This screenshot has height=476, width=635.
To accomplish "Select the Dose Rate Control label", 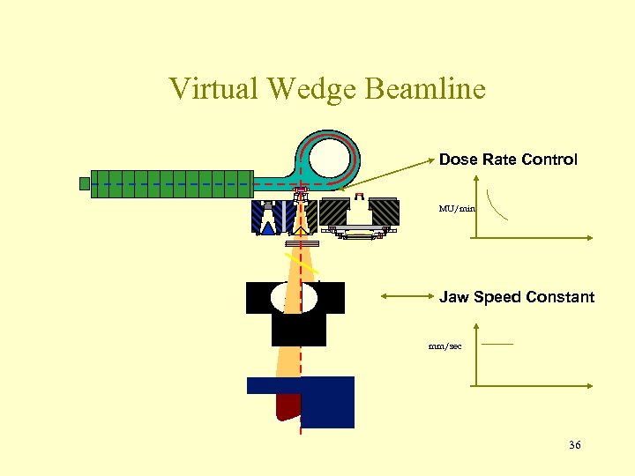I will point(508,160).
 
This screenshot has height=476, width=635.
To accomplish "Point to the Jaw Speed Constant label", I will point(517,297).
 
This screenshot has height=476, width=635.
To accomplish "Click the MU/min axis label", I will point(457,209).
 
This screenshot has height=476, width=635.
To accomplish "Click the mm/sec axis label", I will point(445,346).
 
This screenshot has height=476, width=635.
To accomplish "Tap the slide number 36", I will point(574,445).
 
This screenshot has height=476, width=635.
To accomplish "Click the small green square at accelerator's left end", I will point(85,183).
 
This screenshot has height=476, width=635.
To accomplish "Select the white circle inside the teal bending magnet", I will point(330,160).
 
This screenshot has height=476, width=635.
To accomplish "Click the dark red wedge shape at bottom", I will point(288,406).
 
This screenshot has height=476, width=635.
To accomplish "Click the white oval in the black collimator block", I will point(294,298).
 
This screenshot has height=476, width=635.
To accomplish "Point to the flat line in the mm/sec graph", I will point(498,343).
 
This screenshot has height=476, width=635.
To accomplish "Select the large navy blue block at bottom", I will point(328,401).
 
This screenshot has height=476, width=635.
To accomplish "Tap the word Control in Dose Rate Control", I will point(551,160).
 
